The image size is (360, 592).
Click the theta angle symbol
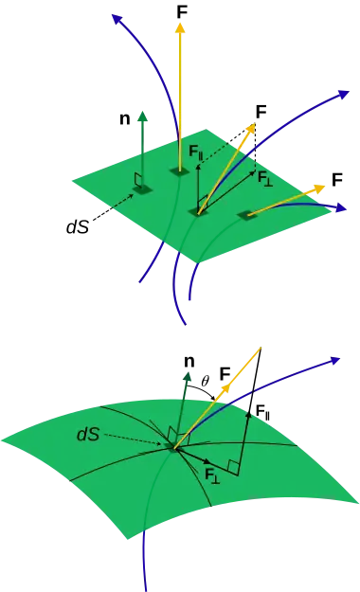coord(206,381)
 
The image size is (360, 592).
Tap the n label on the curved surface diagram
coord(189,361)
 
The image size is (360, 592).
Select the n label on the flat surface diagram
coord(125,118)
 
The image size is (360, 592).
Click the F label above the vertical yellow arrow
coord(182,11)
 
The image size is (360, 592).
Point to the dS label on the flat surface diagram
coord(78,226)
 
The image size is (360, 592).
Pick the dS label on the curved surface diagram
coord(88,435)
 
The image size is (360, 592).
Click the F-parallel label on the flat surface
coord(196,152)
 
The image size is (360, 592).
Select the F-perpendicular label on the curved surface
coord(212,474)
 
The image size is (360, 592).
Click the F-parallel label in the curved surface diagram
coord(263,411)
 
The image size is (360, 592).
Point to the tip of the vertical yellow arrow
coord(181,24)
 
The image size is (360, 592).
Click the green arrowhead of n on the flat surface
coord(143,117)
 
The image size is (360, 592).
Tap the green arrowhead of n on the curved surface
coord(188,376)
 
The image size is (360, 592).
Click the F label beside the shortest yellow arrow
coord(337,180)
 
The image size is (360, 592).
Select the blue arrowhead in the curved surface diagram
coord(334,361)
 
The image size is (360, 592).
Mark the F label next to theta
coord(225,374)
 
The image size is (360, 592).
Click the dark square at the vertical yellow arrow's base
coord(179,171)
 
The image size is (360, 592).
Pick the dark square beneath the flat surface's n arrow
coord(143,189)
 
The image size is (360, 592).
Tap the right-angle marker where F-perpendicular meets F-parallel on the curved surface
coord(233,467)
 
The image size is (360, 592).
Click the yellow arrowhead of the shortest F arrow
coord(320,188)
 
